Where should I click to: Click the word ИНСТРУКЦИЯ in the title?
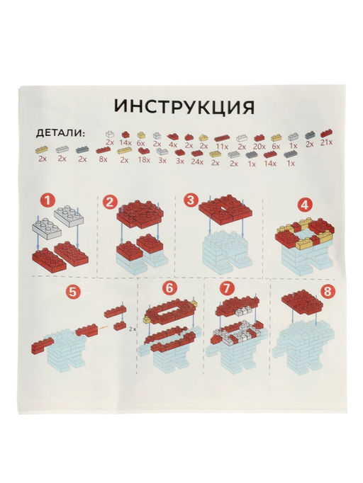(184, 107)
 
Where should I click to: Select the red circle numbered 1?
(48, 201)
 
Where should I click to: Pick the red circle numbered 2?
(110, 201)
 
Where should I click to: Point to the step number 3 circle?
(190, 200)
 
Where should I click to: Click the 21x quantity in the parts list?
(327, 143)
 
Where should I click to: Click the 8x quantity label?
(104, 160)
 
